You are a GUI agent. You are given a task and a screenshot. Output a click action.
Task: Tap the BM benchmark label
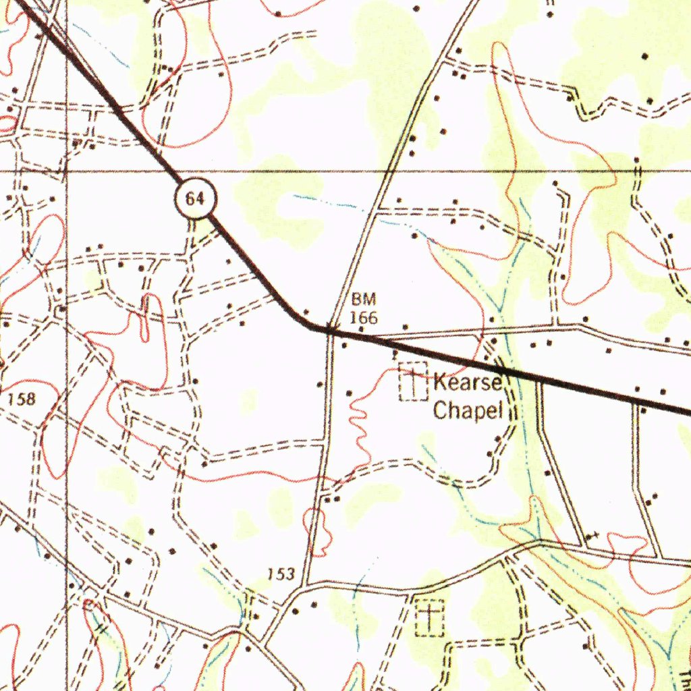pos(364,300)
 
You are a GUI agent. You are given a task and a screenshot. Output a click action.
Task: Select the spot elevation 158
pos(21,399)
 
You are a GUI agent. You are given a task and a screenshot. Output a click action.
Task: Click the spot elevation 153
pos(281,574)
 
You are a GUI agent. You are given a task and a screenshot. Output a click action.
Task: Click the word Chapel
pos(468,410)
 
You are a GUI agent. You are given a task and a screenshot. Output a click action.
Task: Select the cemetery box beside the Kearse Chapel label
pos(414,382)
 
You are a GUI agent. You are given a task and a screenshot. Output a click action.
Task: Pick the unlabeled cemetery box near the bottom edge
pos(430,617)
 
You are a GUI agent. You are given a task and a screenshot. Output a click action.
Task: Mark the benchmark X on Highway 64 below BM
pos(331,329)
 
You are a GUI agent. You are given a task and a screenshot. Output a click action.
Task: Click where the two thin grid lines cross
pos(66,171)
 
